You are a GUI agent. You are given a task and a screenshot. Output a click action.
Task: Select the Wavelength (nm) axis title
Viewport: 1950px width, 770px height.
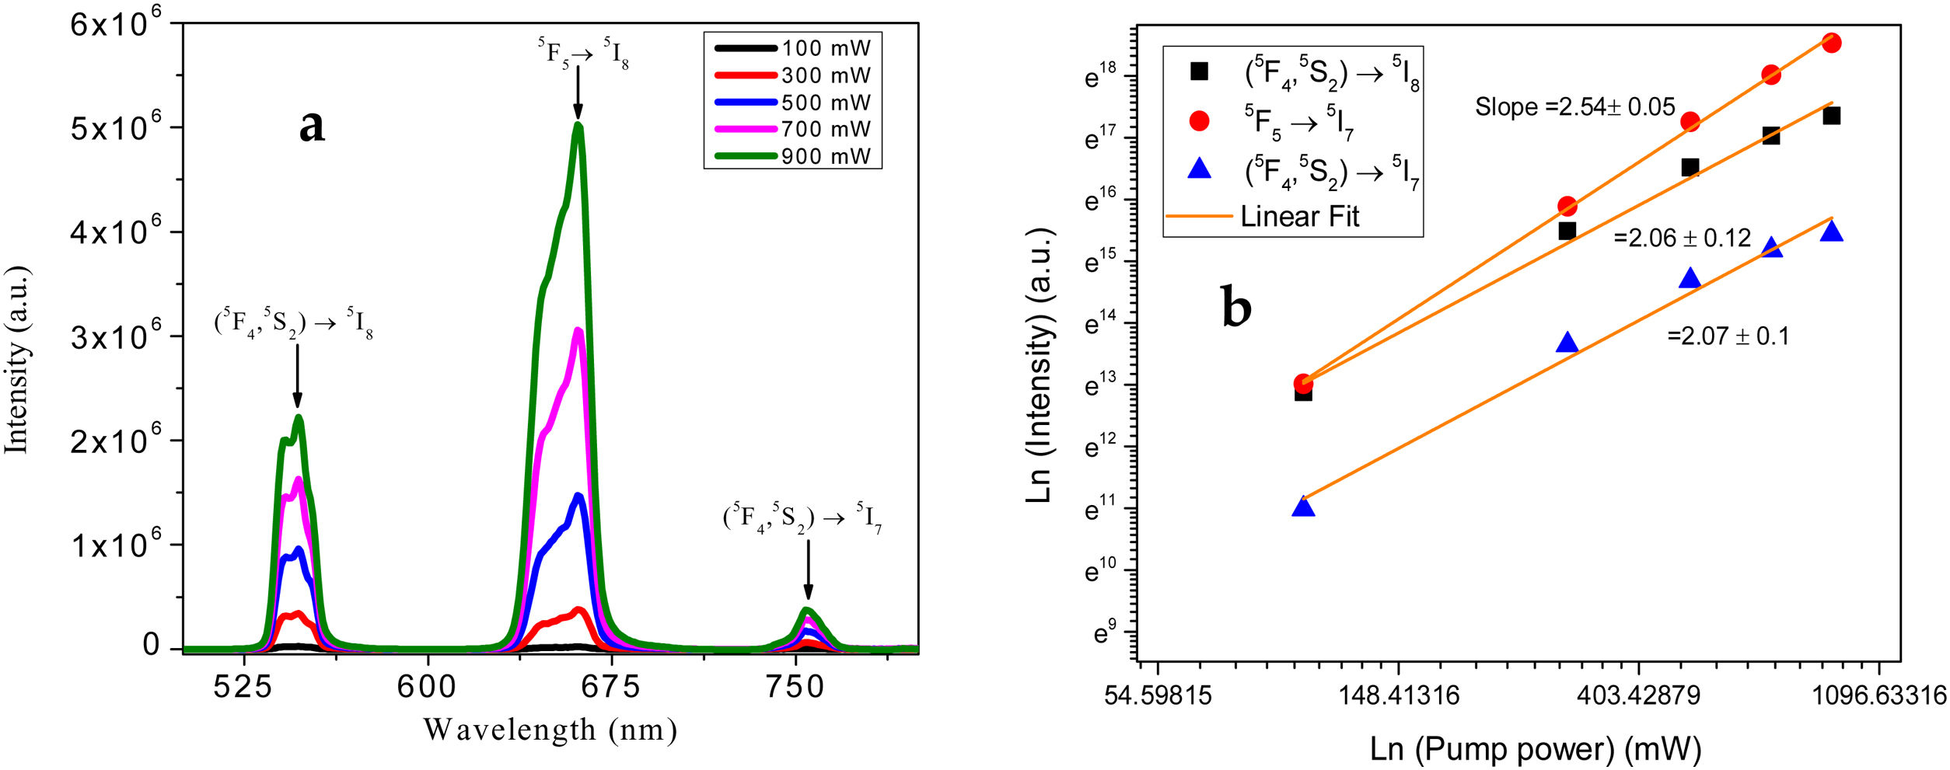click(x=550, y=730)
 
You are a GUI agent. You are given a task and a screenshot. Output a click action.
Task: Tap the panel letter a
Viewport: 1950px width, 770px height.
click(x=312, y=126)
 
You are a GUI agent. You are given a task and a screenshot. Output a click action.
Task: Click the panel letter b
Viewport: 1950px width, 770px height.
click(x=1236, y=307)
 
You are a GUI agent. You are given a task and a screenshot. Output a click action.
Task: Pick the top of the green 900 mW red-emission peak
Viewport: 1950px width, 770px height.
click(x=578, y=124)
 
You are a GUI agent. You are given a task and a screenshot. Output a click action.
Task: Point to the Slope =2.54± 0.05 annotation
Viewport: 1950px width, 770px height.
click(x=1574, y=106)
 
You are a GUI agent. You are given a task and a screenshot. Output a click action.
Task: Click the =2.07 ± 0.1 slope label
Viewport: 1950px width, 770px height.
click(x=1728, y=336)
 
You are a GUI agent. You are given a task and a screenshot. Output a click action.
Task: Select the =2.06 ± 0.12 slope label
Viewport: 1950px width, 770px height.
click(x=1682, y=237)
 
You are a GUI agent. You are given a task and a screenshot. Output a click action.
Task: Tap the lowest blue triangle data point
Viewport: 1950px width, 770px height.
click(x=1303, y=507)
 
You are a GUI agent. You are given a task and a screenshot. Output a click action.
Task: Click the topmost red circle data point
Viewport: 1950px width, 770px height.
click(x=1831, y=43)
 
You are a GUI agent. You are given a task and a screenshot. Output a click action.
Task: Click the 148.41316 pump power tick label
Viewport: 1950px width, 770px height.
click(x=1398, y=695)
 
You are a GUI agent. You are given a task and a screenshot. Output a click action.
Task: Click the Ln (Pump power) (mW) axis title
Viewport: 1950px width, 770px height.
click(x=1535, y=749)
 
